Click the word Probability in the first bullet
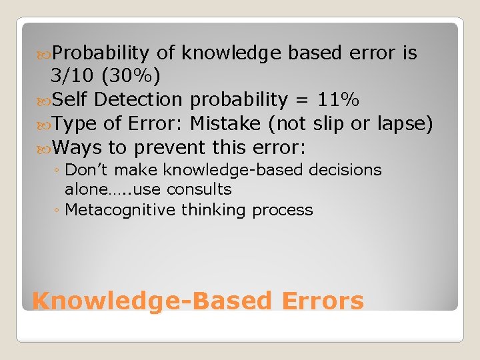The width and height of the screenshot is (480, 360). tap(101, 53)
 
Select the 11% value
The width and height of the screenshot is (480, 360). tap(338, 100)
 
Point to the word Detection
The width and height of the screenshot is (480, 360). tap(138, 100)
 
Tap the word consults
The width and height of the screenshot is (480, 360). tap(199, 190)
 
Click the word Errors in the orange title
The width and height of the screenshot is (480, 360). tap(323, 301)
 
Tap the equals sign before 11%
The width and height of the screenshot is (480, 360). tap(301, 101)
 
